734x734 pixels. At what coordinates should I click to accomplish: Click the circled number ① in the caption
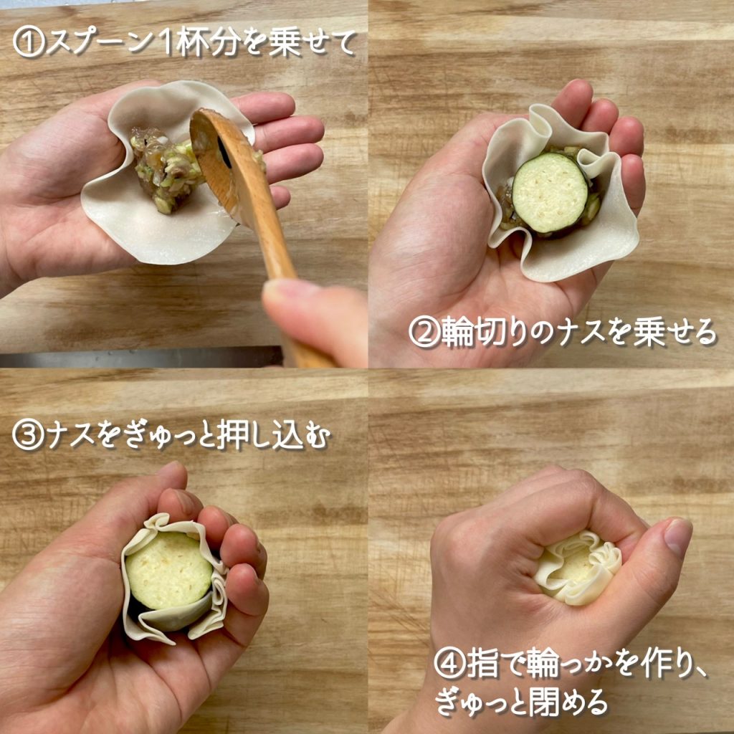pos(29,44)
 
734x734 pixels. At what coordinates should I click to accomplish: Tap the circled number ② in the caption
pos(424,333)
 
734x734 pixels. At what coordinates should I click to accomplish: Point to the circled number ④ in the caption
pos(450,665)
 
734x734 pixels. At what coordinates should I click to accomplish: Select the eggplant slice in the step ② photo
pos(550,191)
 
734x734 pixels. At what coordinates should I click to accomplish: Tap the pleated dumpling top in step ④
pos(578,567)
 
